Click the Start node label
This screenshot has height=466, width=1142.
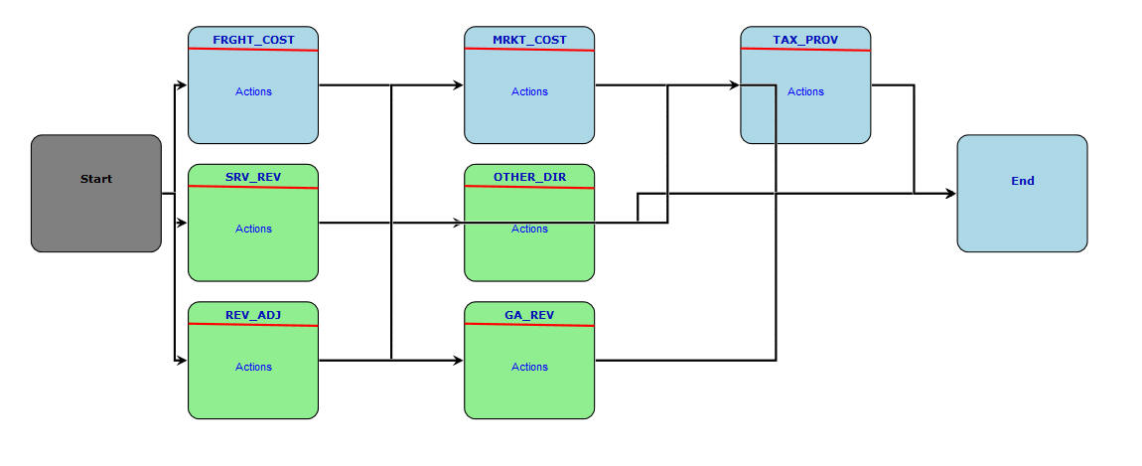[x=96, y=180]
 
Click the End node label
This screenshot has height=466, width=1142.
[x=1022, y=181]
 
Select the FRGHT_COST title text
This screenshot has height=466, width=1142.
[x=253, y=40]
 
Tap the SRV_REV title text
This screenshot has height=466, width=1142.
[x=253, y=177]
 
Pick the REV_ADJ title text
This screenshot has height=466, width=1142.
[x=253, y=315]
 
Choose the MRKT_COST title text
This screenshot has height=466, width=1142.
[x=529, y=40]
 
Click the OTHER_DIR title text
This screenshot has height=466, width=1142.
[x=529, y=177]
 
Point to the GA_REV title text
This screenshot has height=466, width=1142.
[x=529, y=315]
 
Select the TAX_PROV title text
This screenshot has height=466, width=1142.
[x=805, y=40]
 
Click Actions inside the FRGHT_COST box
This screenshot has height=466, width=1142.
[x=253, y=91]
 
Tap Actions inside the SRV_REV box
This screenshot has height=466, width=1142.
[x=253, y=229]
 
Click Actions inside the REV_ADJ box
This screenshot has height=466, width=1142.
[x=253, y=367]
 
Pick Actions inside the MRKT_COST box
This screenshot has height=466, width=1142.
[x=529, y=91]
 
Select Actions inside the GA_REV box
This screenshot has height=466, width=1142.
[x=529, y=367]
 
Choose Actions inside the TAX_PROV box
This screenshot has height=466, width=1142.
[x=805, y=91]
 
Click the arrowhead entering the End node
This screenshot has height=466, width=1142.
[x=950, y=194]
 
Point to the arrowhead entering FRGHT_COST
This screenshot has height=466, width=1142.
[x=182, y=85]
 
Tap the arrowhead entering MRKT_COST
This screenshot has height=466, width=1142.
[x=458, y=85]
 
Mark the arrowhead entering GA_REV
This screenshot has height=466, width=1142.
[x=458, y=361]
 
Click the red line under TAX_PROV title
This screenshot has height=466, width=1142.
[x=805, y=50]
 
